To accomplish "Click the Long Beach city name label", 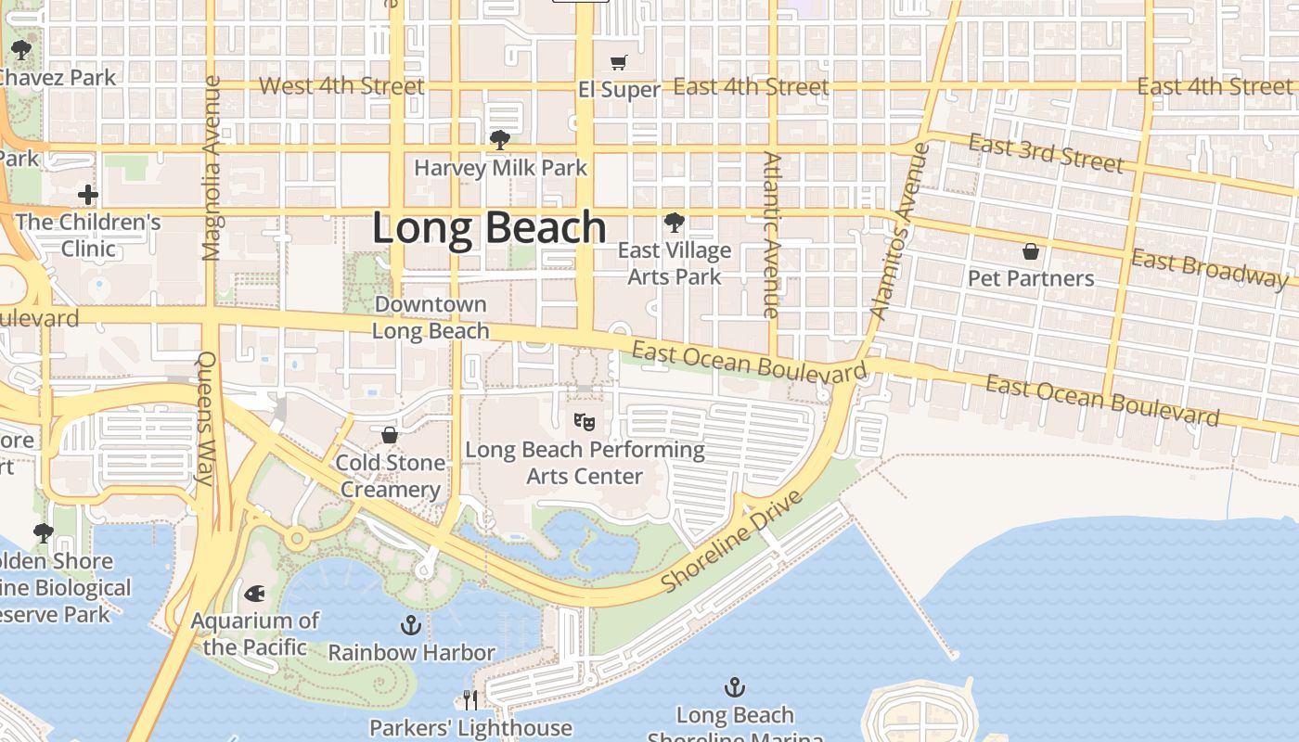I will click(x=489, y=228).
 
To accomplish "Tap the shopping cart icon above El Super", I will click(x=618, y=62).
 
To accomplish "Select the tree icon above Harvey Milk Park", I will click(x=499, y=140).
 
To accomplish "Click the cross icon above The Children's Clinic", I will click(x=88, y=195).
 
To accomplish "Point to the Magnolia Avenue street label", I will click(x=212, y=168).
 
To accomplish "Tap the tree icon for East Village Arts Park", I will click(x=674, y=223).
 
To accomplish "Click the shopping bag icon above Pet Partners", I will click(x=1030, y=251).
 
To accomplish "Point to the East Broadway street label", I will click(x=1208, y=268).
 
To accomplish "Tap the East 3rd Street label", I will click(x=1046, y=153).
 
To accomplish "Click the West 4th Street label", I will click(x=341, y=86).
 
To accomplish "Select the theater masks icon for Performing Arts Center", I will click(x=584, y=422).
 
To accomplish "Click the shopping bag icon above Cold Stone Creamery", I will click(x=390, y=435).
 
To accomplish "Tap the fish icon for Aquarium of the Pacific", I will click(x=254, y=593).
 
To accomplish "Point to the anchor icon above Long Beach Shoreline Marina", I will click(x=734, y=687).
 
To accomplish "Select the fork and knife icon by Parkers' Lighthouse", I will click(x=470, y=699).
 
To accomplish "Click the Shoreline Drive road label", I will click(x=732, y=542).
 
